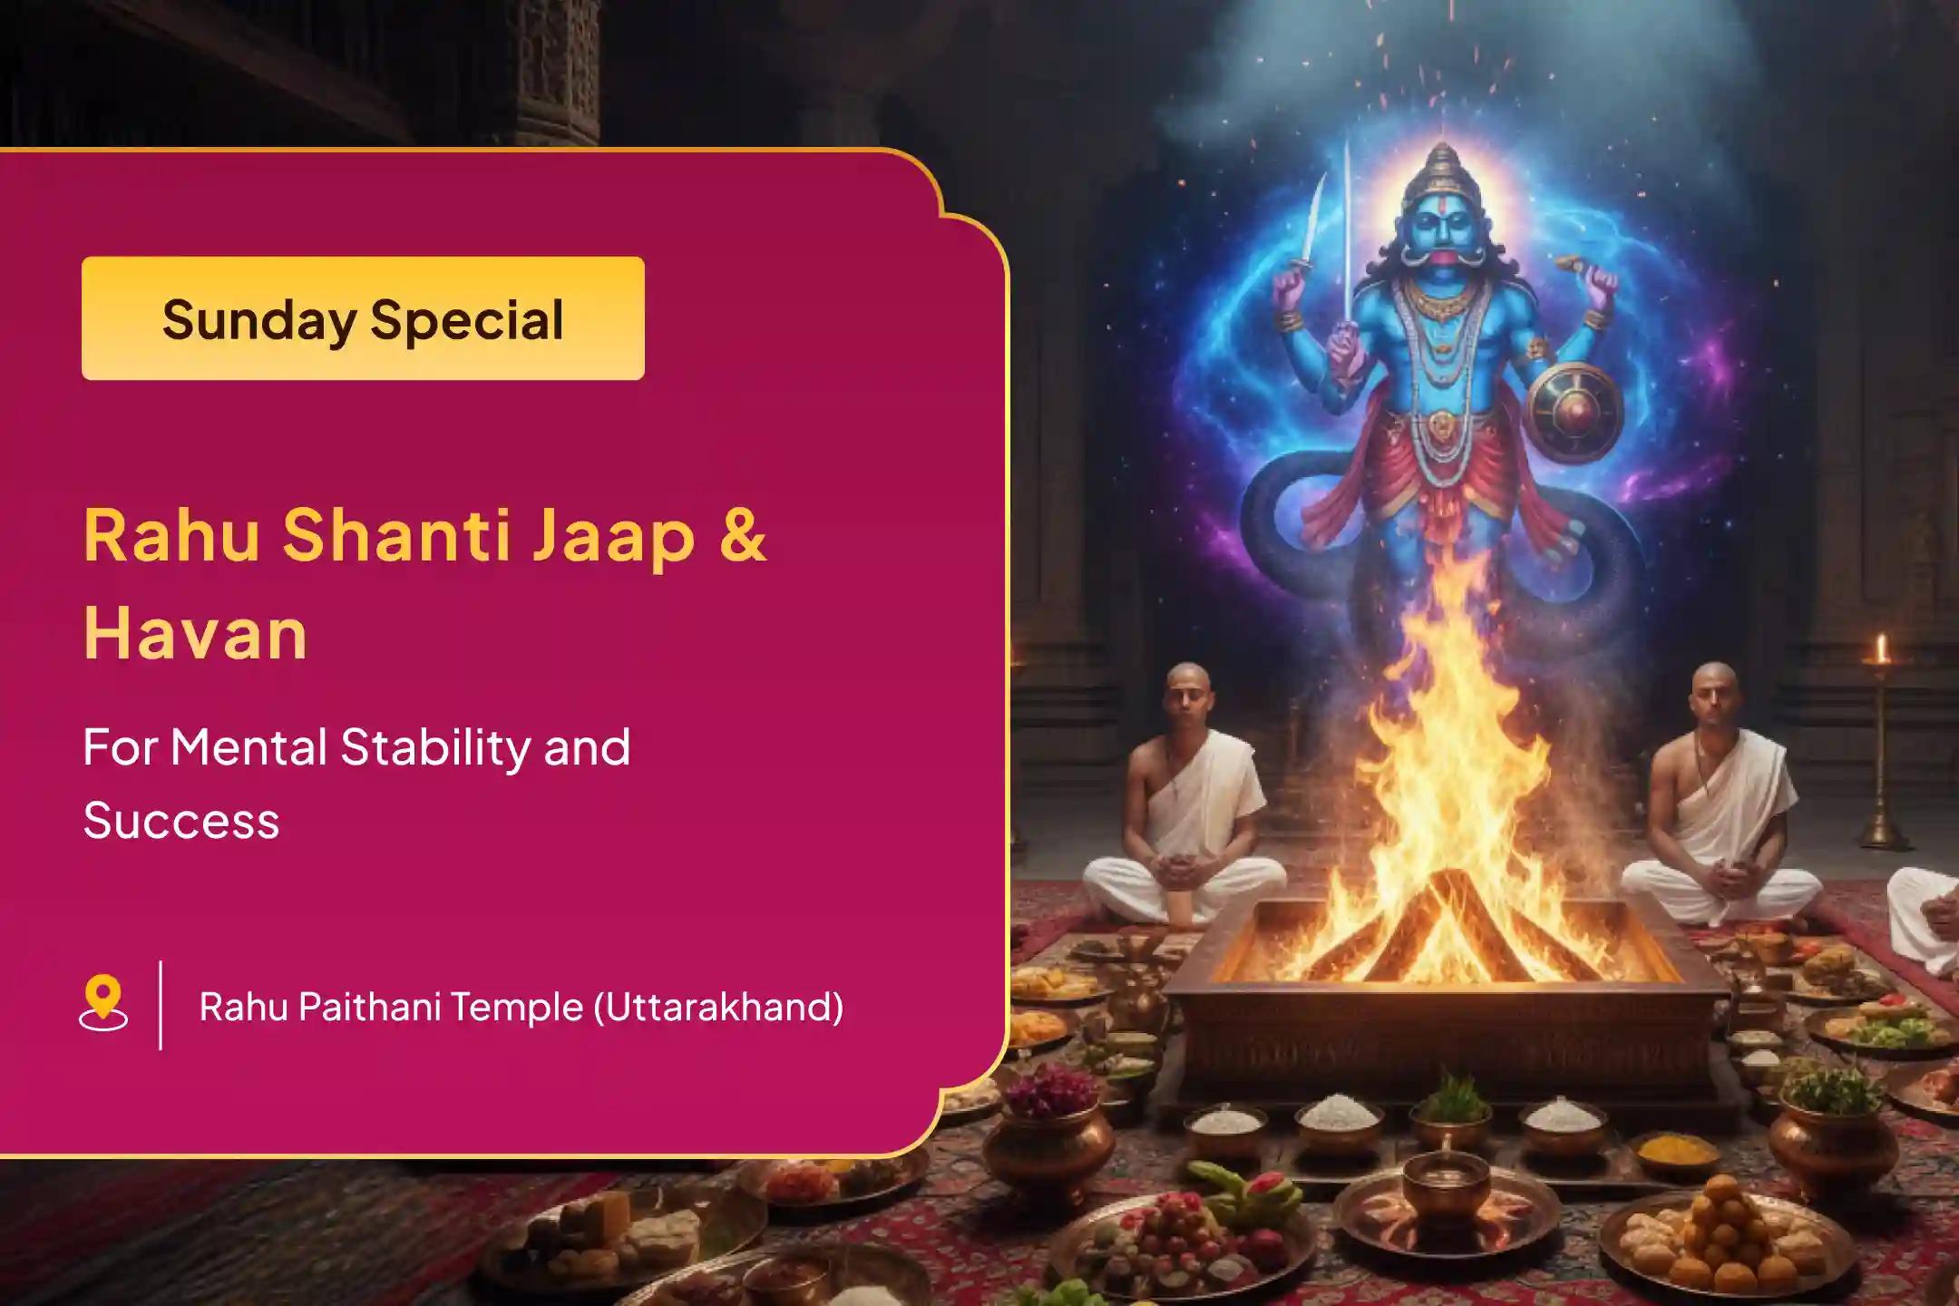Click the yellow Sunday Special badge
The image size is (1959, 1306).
click(363, 318)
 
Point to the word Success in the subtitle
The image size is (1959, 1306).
click(181, 821)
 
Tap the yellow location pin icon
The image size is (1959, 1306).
click(103, 1004)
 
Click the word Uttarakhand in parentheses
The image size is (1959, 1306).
click(718, 1007)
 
